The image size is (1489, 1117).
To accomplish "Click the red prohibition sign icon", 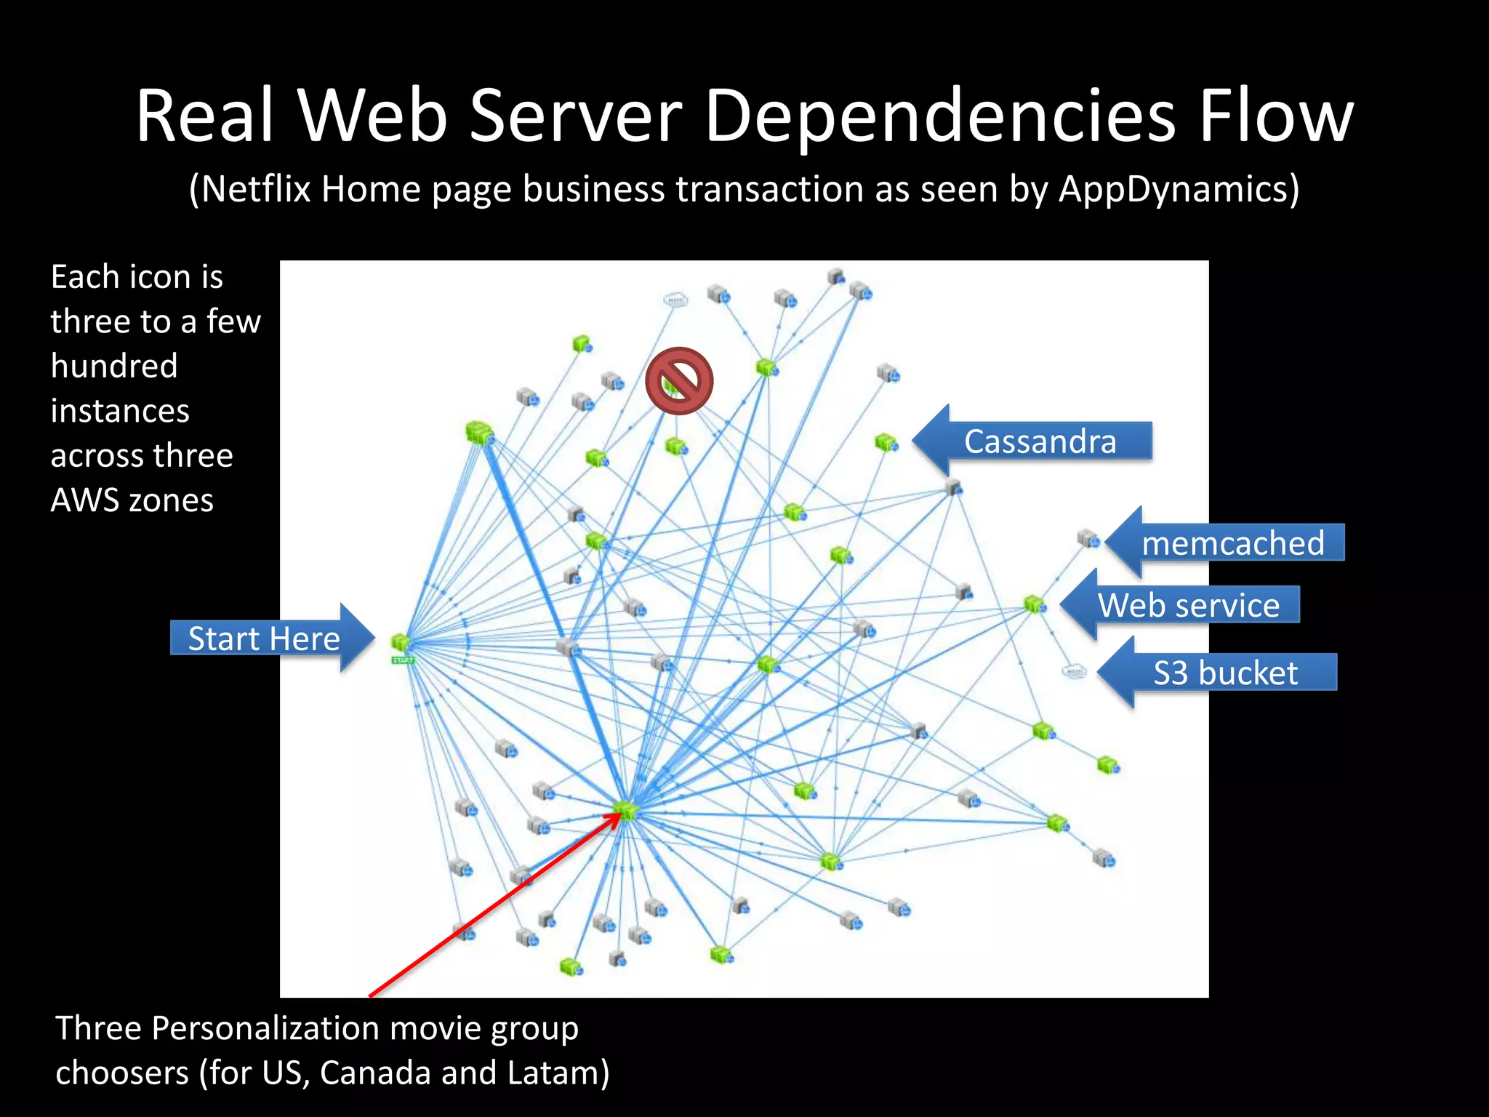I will click(679, 380).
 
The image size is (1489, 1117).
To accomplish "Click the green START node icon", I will click(401, 644).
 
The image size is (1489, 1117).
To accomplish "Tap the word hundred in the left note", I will click(114, 366).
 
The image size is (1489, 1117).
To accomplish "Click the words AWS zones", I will click(132, 500).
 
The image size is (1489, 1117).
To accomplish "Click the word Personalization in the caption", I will click(265, 1028).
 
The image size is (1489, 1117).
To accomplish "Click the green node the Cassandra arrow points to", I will click(886, 441).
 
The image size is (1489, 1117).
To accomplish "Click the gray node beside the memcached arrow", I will click(1088, 538).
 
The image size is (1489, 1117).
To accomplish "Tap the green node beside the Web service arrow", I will click(1035, 604).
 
